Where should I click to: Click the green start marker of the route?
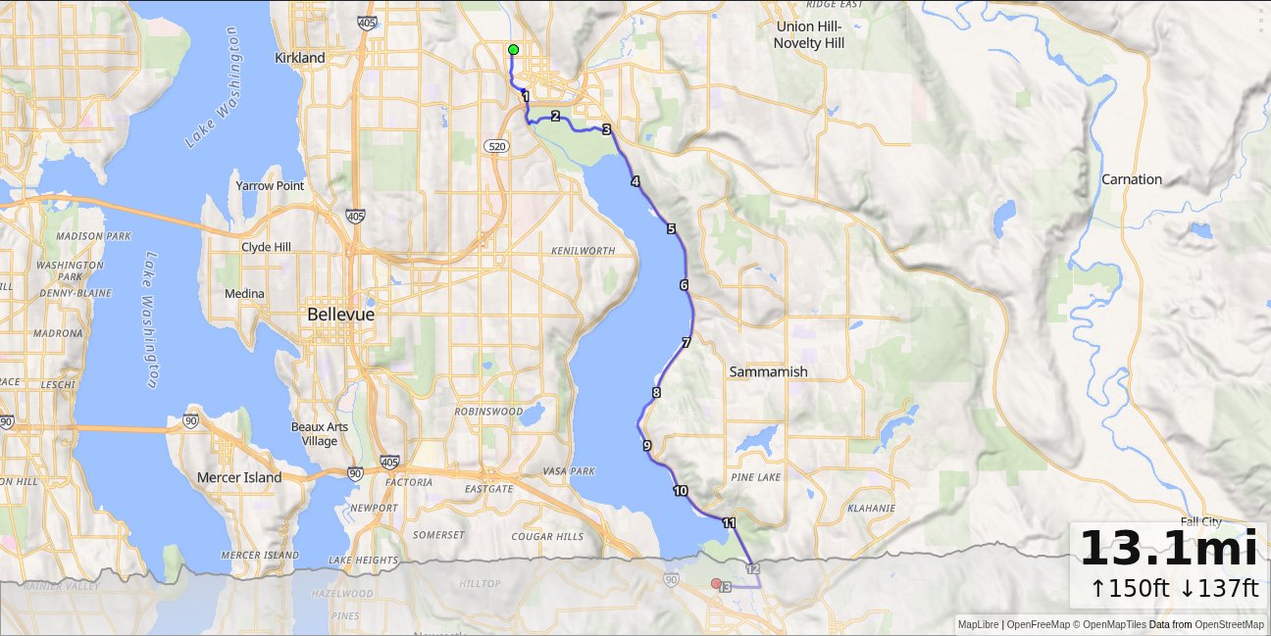click(513, 50)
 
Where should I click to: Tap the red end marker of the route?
click(716, 583)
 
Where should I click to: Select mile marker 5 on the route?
click(672, 229)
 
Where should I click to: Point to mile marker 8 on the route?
click(656, 393)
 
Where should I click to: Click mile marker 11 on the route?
click(729, 523)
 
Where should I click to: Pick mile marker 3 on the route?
click(606, 129)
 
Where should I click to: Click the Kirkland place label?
click(300, 58)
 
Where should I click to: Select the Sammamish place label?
click(768, 371)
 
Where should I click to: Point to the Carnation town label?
click(1131, 179)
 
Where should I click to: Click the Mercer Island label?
click(239, 478)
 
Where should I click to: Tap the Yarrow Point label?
click(270, 185)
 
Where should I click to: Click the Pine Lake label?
click(755, 476)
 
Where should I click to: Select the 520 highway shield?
click(495, 145)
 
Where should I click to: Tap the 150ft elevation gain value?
click(1130, 588)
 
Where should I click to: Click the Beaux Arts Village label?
click(320, 433)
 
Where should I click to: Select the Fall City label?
click(1201, 522)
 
